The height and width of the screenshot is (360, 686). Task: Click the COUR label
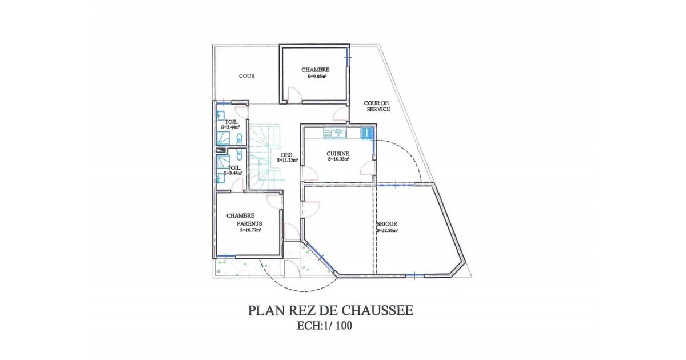[x=247, y=76]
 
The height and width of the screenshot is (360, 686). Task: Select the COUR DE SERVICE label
[x=377, y=106]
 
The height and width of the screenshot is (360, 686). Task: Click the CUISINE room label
[x=338, y=154]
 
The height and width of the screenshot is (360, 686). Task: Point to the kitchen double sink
[x=334, y=134]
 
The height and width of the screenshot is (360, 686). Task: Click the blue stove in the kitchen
[x=366, y=134]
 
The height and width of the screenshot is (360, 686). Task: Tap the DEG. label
[x=287, y=155]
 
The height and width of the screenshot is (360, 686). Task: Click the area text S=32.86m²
[x=388, y=231]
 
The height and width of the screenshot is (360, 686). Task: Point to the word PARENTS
[x=249, y=224]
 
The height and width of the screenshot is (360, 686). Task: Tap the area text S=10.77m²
[x=250, y=230]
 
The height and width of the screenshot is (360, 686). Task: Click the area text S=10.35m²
[x=338, y=160]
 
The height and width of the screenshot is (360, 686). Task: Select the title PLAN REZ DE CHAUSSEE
[x=330, y=310]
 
